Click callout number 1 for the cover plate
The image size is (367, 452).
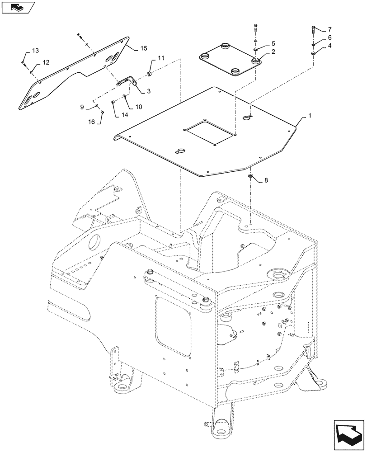click(310, 117)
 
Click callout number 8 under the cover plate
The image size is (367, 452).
click(266, 180)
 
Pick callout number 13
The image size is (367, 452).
click(36, 50)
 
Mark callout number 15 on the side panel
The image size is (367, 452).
click(143, 48)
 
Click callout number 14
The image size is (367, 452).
click(124, 115)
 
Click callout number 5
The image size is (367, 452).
click(273, 43)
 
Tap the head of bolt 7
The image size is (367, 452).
click(313, 30)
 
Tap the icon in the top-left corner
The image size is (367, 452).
click(18, 6)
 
